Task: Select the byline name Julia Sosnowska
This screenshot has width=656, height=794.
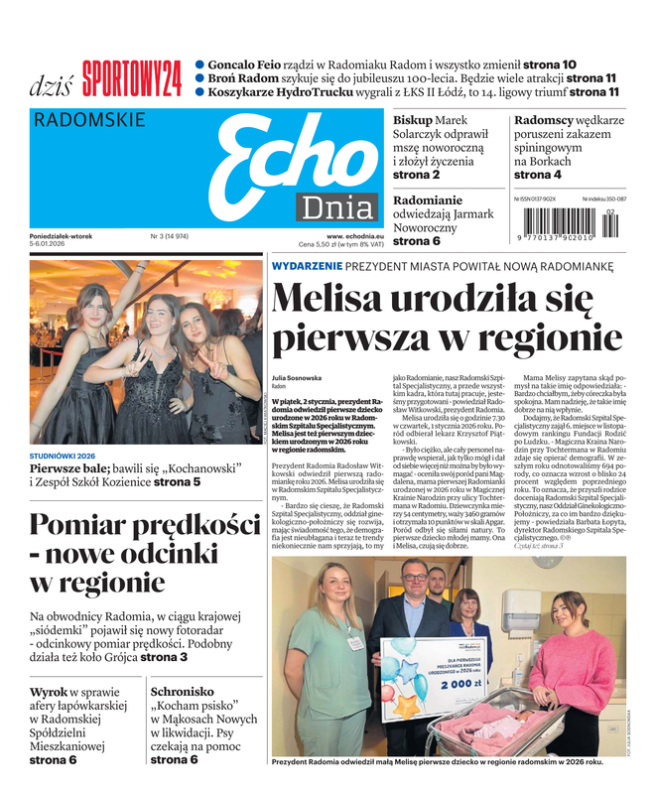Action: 297,378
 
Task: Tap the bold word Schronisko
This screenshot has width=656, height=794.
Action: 183,691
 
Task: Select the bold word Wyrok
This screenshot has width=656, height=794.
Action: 49,691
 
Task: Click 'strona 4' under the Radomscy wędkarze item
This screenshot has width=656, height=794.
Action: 537,175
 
